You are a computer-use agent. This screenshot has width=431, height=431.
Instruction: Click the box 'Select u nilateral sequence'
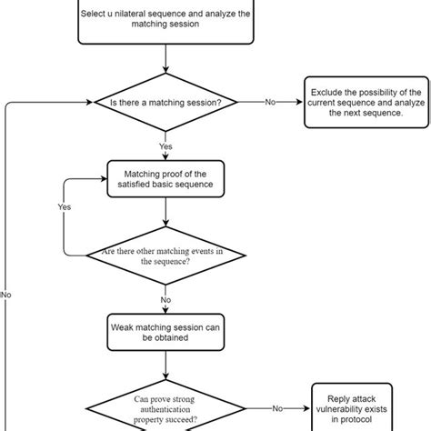tap(165, 20)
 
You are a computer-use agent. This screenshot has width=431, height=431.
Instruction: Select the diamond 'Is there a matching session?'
tap(165, 102)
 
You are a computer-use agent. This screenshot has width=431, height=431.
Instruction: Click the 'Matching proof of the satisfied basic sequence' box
tap(165, 176)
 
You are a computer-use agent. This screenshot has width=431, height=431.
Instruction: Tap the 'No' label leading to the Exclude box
tap(270, 103)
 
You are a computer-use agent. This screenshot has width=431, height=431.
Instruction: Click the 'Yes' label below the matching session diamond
tap(165, 145)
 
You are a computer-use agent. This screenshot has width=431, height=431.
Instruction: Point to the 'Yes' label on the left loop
tap(64, 206)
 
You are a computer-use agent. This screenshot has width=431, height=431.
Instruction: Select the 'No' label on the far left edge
tap(7, 295)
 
